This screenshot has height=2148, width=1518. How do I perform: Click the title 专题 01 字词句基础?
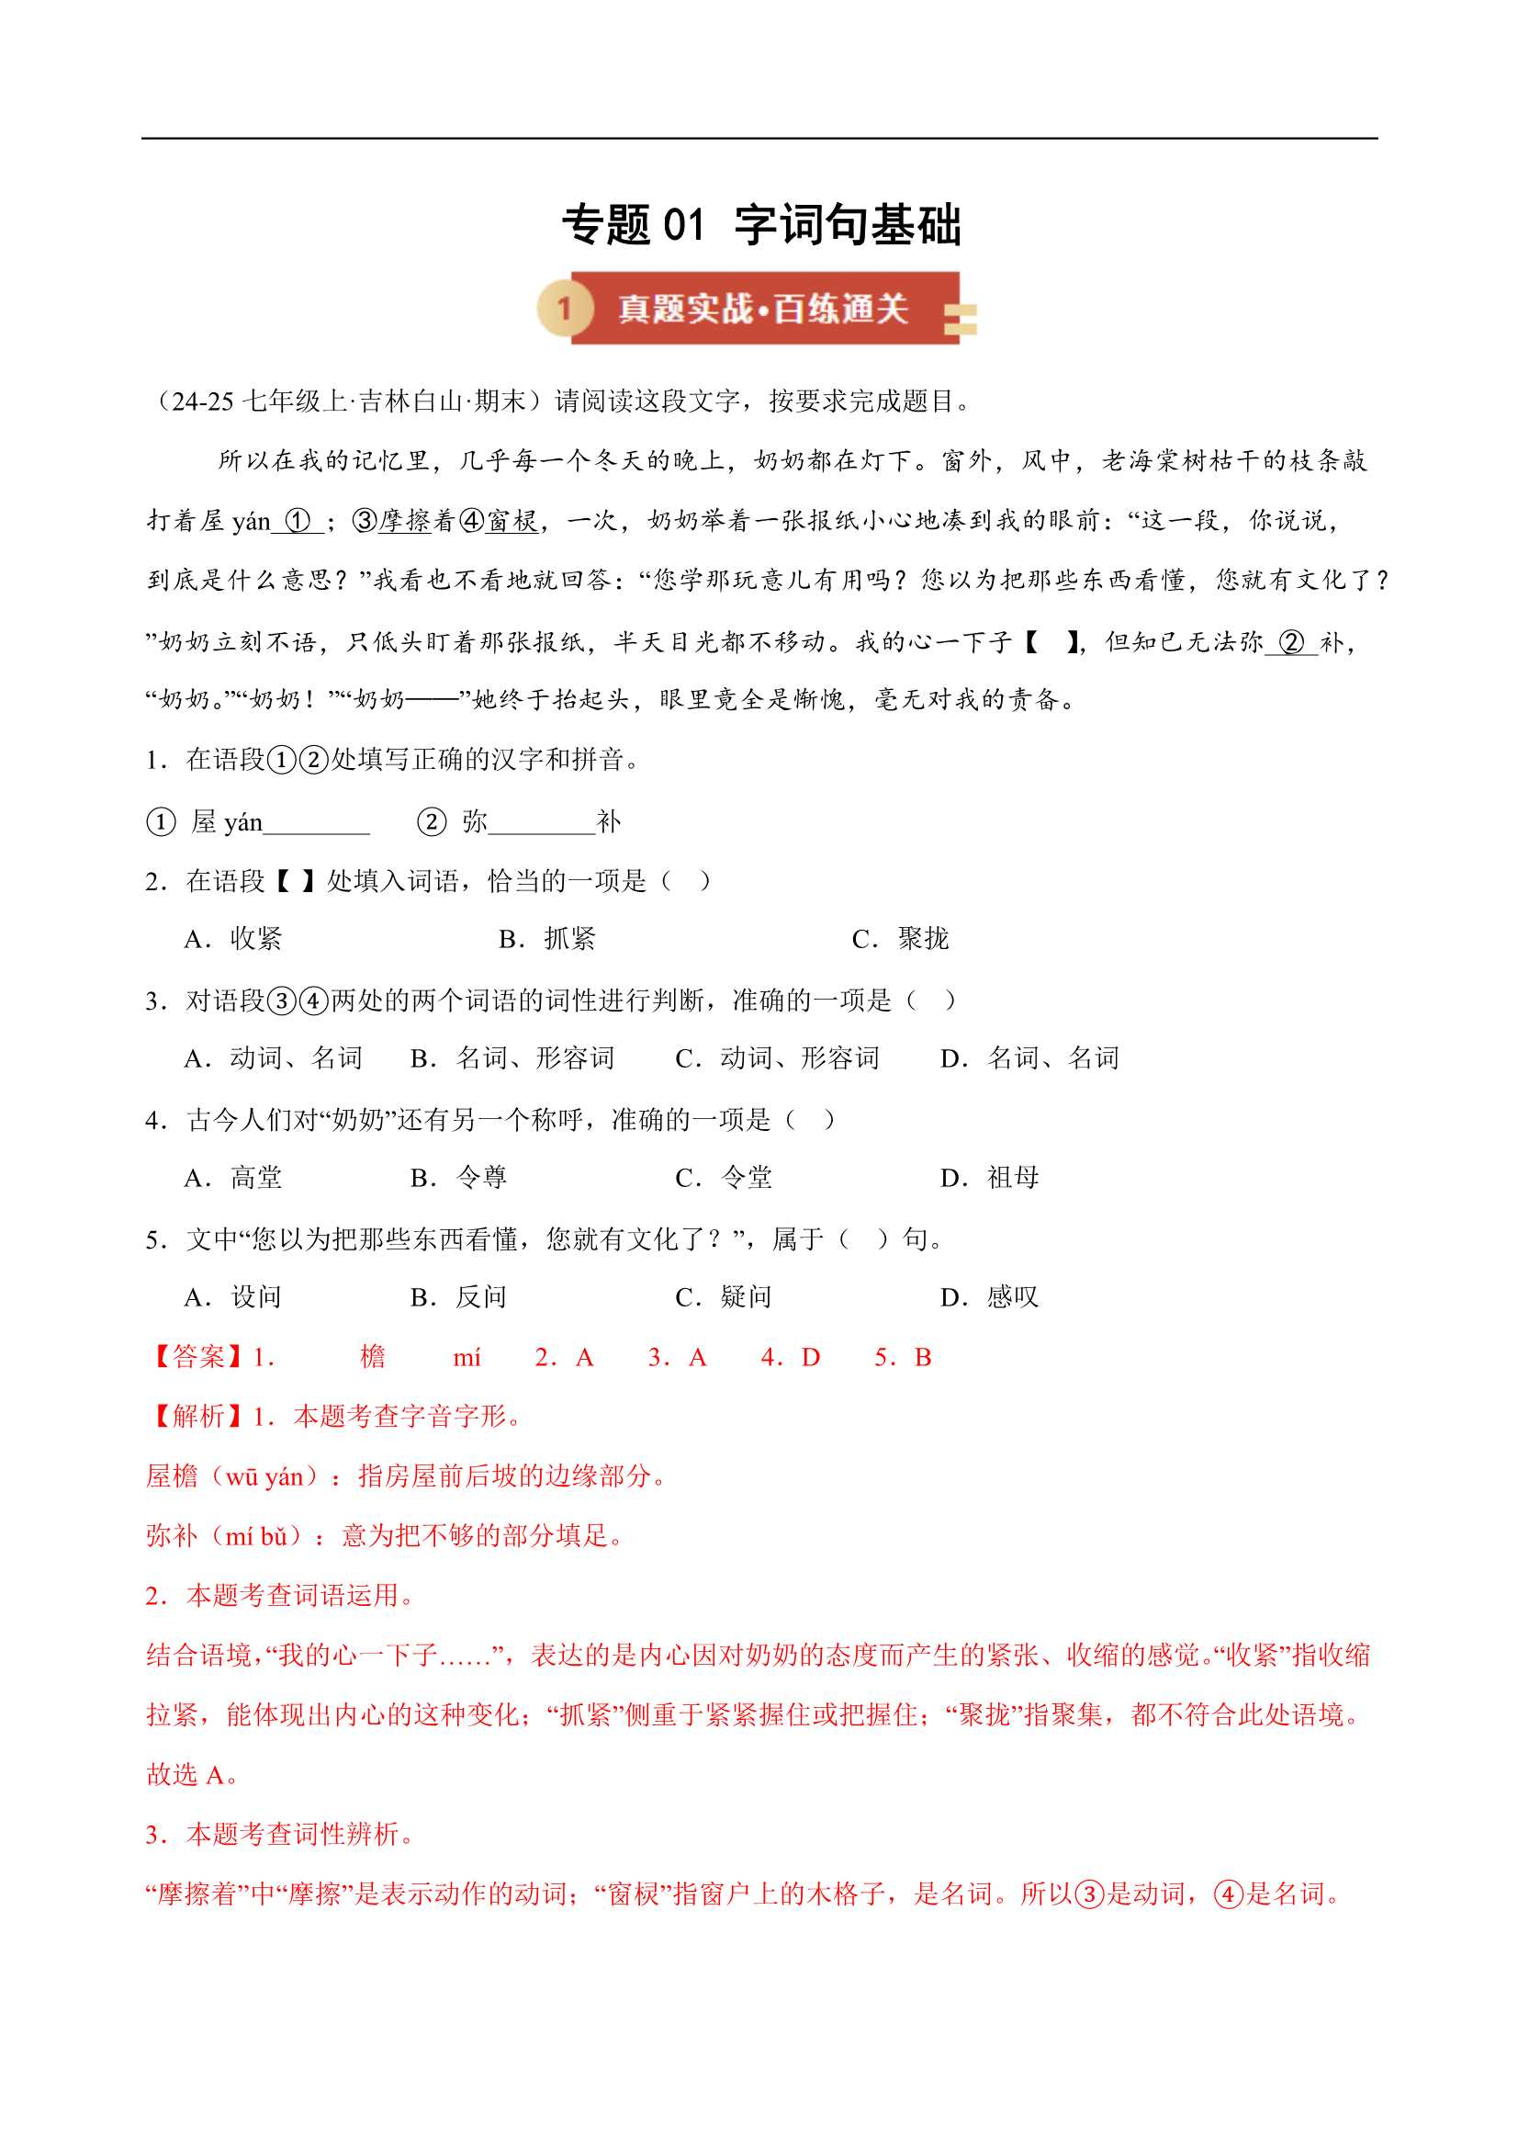760,225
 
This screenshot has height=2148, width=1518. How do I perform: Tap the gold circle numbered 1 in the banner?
564,308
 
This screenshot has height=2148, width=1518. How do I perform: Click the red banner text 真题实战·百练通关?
763,309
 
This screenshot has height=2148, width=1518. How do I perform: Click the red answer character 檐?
372,1358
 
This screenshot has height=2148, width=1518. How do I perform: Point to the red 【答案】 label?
197,1358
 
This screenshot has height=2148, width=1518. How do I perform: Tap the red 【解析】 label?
197,1417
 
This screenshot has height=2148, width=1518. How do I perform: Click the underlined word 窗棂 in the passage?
512,521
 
